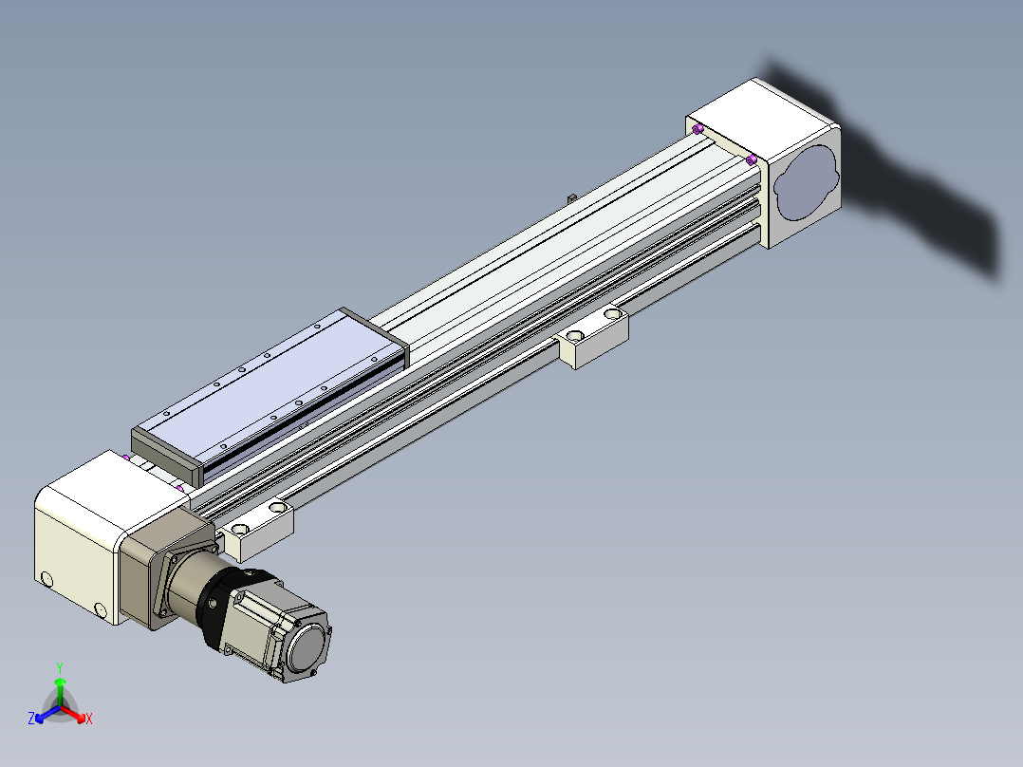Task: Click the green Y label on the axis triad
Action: (60, 667)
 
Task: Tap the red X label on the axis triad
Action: (89, 719)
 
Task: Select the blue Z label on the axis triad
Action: (30, 718)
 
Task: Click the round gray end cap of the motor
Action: (307, 649)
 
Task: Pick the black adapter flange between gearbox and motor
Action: (222, 604)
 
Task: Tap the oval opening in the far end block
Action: (807, 183)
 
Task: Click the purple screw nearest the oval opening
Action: (752, 159)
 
